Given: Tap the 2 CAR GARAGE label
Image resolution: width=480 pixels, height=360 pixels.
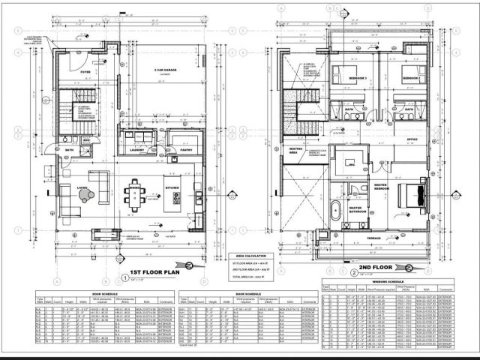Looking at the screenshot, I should (165, 70).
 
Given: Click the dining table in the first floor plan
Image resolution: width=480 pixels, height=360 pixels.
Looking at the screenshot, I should (136, 194).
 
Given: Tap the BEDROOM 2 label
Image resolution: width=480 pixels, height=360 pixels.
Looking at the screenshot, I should (409, 78).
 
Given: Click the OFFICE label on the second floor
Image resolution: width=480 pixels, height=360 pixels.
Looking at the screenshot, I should (411, 139).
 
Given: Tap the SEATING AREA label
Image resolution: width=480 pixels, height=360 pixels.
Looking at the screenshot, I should (296, 150).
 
